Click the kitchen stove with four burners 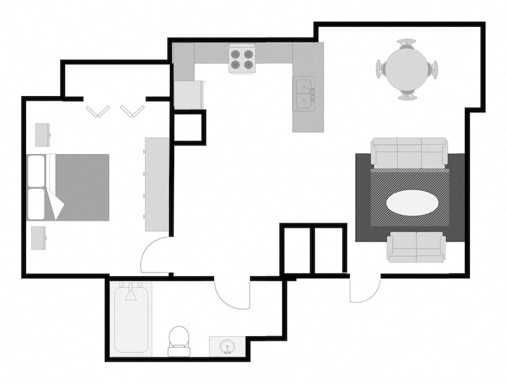tap(242, 59)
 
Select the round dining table tap(407, 69)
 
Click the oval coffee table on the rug tap(410, 203)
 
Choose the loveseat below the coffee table tap(416, 248)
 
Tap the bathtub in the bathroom tap(132, 319)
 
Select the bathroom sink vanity tap(226, 347)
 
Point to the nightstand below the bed tap(39, 237)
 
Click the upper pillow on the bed tap(37, 171)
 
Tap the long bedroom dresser tap(156, 184)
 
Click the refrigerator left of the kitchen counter tap(189, 95)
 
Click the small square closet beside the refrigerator tap(189, 127)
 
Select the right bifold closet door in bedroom tap(132, 111)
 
